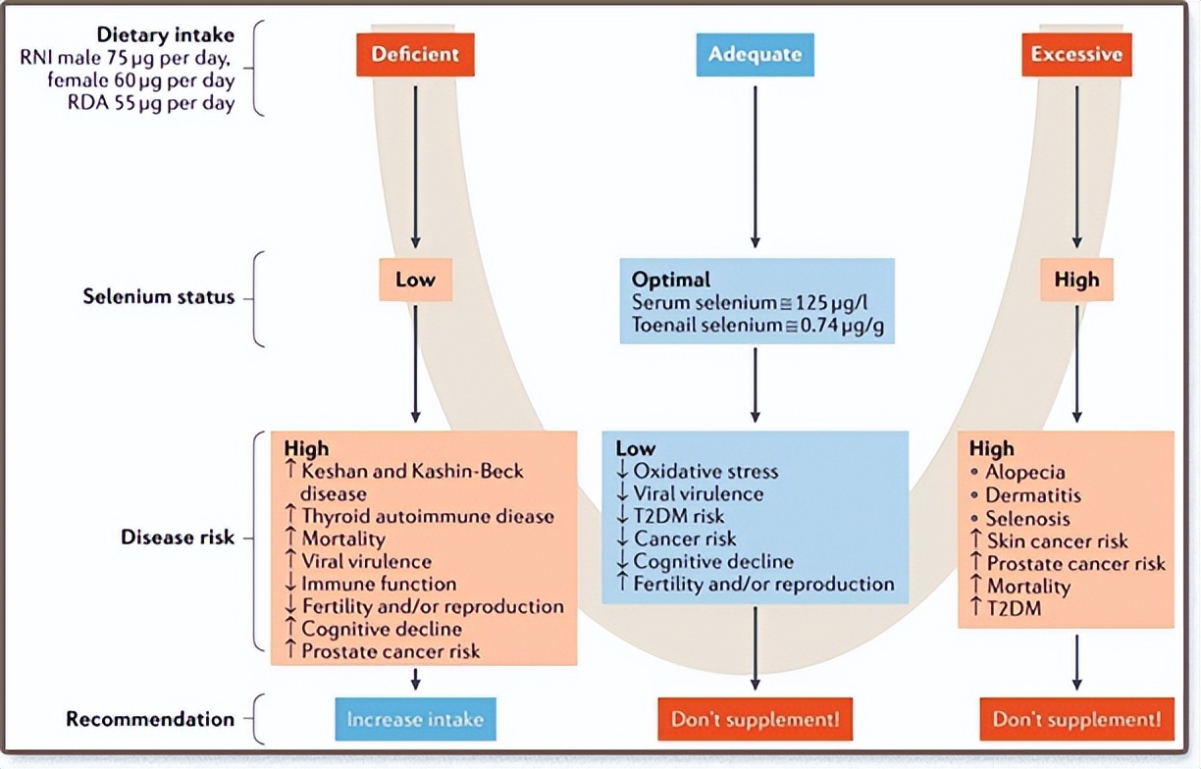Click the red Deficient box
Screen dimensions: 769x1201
coord(415,54)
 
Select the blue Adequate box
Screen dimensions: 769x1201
coord(754,54)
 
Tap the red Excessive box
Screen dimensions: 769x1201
coord(1076,54)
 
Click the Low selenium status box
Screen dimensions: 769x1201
coord(415,281)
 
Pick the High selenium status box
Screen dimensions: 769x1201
coord(1076,281)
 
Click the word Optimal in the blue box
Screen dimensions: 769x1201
coord(671,279)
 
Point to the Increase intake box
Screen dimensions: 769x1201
coord(415,719)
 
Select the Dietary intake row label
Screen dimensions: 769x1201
coord(165,34)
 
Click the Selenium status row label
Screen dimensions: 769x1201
coord(159,296)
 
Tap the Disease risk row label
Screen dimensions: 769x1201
coord(178,538)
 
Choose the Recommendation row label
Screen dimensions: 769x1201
coord(150,719)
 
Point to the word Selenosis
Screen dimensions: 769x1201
coord(1027,518)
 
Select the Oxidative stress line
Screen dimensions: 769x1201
coord(705,473)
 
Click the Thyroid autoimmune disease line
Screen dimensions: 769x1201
coord(427,516)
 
